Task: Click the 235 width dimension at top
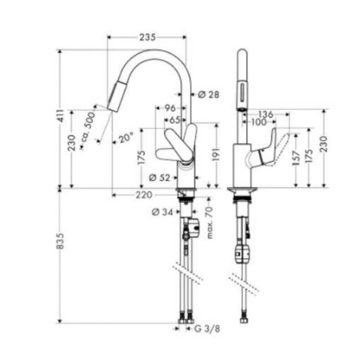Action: pos(148,37)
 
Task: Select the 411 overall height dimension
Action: pos(61,116)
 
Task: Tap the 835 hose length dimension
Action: pos(60,241)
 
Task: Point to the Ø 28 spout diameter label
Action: pos(209,94)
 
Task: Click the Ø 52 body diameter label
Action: pos(160,177)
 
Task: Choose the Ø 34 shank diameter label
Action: pos(162,212)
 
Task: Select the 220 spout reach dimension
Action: pos(144,195)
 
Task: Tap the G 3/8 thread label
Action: pos(207,329)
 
